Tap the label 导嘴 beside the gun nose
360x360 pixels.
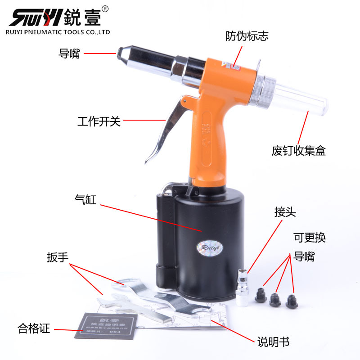[69, 54]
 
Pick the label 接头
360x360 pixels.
[285, 212]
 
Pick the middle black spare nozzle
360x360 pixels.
[275, 301]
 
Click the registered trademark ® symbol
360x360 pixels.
[105, 8]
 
